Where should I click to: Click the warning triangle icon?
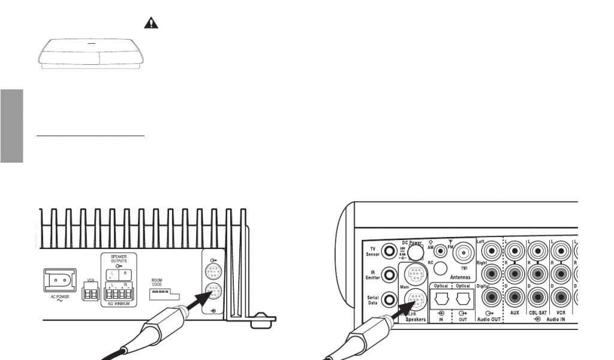coord(152,23)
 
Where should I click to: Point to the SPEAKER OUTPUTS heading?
coord(118,259)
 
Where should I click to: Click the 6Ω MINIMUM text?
coord(118,304)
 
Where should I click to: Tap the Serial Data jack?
coord(390,299)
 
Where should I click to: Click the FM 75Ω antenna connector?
coord(464,250)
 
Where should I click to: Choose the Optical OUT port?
coord(462,298)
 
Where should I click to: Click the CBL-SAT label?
coord(538,313)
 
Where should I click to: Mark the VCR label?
coord(561,313)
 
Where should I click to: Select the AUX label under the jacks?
coord(514,313)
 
